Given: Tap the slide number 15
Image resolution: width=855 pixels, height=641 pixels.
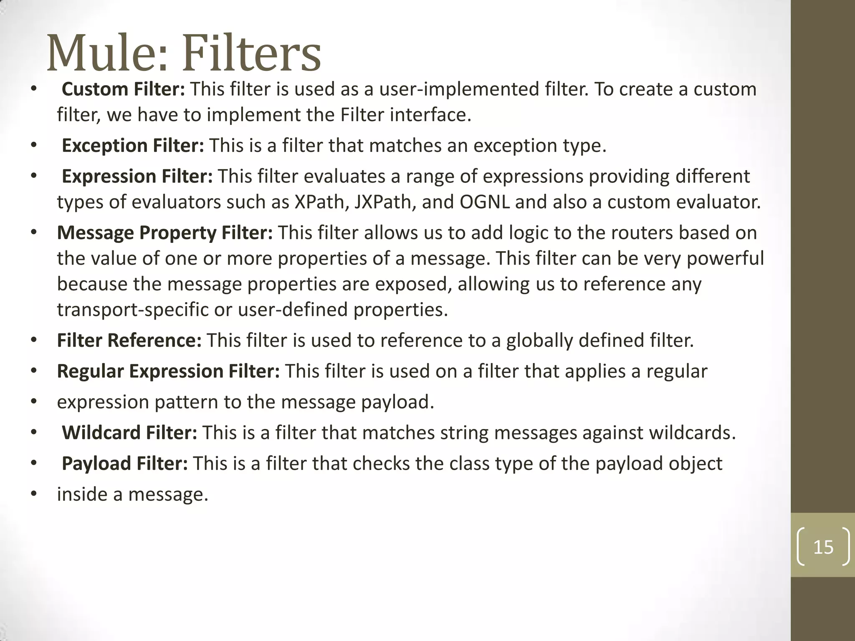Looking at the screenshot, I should click(823, 547).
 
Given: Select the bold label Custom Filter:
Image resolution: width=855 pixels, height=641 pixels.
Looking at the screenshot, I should click(123, 89).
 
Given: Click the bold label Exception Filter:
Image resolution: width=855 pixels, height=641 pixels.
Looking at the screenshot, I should click(133, 146).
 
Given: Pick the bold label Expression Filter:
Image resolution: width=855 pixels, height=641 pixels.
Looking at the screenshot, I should click(137, 177).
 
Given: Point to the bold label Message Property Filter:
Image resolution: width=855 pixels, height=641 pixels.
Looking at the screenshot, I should click(164, 233).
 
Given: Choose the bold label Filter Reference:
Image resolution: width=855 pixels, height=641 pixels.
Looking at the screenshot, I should click(129, 341).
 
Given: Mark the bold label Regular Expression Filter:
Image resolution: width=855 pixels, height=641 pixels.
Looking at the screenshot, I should click(168, 371).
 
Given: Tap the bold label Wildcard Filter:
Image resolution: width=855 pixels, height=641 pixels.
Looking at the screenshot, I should click(129, 433).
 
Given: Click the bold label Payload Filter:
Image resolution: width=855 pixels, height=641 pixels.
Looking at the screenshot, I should click(124, 464).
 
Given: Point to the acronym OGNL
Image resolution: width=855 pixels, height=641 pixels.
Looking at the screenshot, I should click(485, 202).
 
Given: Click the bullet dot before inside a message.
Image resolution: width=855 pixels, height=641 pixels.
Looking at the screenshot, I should click(34, 495).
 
